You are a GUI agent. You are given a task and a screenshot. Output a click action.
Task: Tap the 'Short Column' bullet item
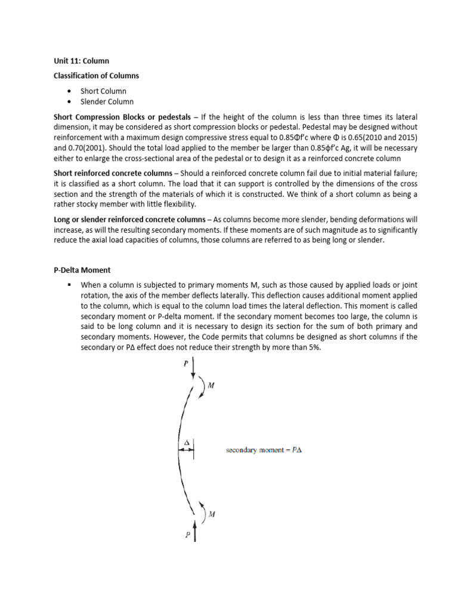coord(104,91)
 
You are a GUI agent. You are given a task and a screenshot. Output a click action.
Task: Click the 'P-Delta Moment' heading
coord(79,270)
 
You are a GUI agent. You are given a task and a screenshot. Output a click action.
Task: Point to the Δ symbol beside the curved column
coord(186,443)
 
